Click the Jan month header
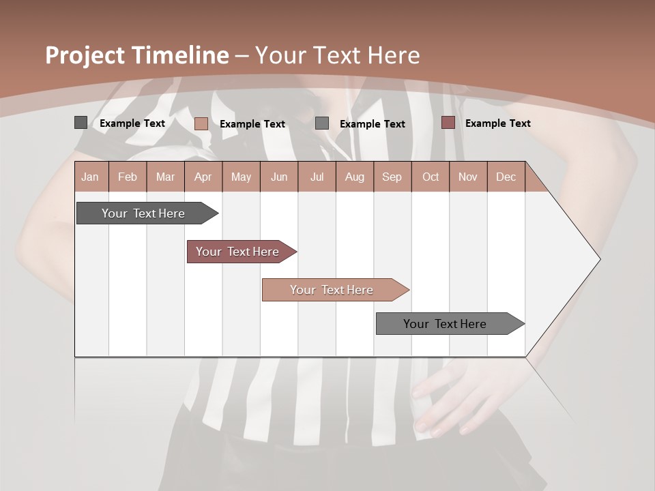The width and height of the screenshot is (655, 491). pyautogui.click(x=90, y=177)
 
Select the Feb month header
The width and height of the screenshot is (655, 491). pyautogui.click(x=128, y=177)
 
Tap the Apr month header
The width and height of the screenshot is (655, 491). pyautogui.click(x=203, y=177)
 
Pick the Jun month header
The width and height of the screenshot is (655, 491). pyautogui.click(x=279, y=177)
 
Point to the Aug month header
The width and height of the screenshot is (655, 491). pyautogui.click(x=354, y=177)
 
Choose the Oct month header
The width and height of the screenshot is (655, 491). pyautogui.click(x=431, y=177)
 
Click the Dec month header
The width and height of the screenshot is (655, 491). pyautogui.click(x=506, y=177)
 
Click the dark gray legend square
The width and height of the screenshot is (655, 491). pyautogui.click(x=81, y=123)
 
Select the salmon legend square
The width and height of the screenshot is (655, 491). pyautogui.click(x=201, y=123)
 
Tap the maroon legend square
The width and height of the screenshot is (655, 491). pyautogui.click(x=448, y=123)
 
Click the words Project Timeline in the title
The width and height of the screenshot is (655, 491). pyautogui.click(x=136, y=55)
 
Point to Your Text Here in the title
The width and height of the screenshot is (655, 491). pyautogui.click(x=338, y=55)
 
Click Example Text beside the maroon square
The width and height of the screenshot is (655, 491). pyautogui.click(x=497, y=123)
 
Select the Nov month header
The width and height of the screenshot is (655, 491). pyautogui.click(x=468, y=177)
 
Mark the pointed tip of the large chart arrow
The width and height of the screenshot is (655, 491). pyautogui.click(x=599, y=258)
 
